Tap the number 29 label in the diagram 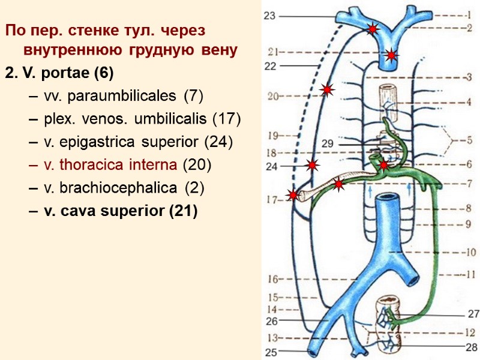point(327,144)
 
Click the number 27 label point(474,313)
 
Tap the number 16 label point(273,279)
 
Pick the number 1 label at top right point(469,16)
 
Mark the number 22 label point(270,66)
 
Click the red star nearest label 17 point(293,195)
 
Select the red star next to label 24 point(313,165)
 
